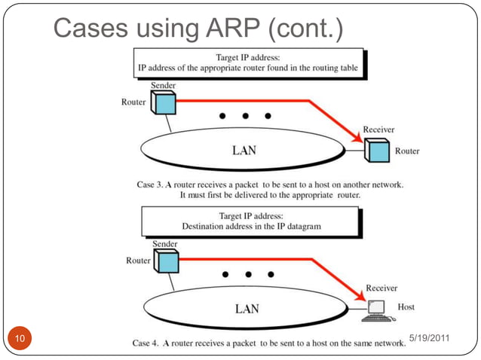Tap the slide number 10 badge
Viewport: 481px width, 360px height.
pyautogui.click(x=20, y=339)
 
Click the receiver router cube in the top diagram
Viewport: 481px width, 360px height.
pyautogui.click(x=376, y=151)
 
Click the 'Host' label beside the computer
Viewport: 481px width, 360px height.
pyautogui.click(x=406, y=307)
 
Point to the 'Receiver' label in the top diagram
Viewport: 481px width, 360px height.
pyautogui.click(x=378, y=130)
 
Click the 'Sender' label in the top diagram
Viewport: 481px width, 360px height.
pyautogui.click(x=164, y=86)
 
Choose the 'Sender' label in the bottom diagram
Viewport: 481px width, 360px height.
pyautogui.click(x=164, y=244)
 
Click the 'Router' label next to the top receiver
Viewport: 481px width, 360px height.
pyautogui.click(x=407, y=151)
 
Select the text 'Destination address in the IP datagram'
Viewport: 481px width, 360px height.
pyautogui.click(x=252, y=226)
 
